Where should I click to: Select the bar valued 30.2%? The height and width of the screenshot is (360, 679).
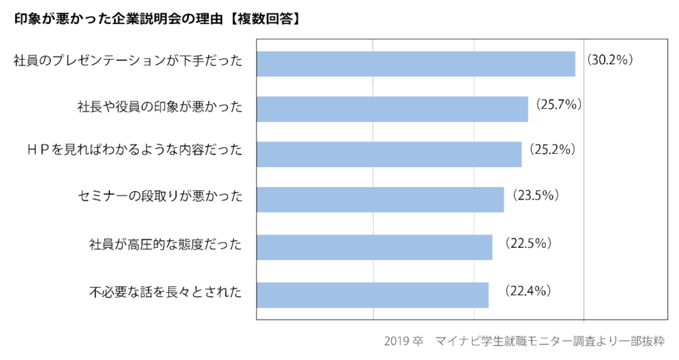click(416, 64)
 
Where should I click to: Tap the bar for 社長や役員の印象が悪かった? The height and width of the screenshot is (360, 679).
click(392, 109)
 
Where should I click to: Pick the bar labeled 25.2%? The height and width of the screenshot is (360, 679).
click(389, 154)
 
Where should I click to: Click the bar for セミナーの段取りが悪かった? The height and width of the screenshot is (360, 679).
click(380, 200)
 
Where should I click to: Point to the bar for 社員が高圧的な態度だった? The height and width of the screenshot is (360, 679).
click(374, 247)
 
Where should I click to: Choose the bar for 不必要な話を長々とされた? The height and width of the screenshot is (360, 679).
click(372, 295)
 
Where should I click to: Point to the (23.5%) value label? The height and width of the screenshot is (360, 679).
click(533, 195)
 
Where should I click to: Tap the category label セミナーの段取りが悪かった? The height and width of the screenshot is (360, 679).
click(160, 197)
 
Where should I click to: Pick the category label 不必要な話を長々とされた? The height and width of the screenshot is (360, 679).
click(165, 291)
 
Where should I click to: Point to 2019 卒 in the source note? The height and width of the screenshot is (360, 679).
click(403, 341)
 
